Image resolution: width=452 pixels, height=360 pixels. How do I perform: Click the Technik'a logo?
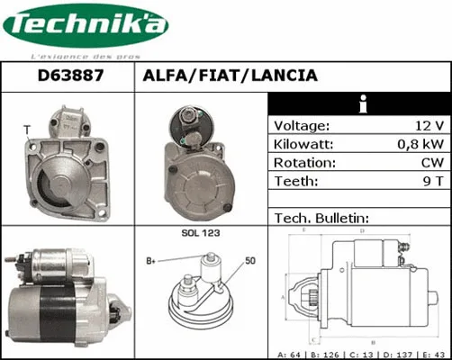point(86,27)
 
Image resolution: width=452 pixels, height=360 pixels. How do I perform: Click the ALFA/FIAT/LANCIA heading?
point(230,76)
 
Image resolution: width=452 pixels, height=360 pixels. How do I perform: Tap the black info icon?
point(360,103)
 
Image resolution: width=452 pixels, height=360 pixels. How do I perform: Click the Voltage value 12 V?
point(426,126)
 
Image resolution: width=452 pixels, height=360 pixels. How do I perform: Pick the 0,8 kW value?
point(420,144)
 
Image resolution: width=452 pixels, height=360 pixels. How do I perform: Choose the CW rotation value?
point(430,163)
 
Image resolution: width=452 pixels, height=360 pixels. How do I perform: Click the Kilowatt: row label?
point(303,144)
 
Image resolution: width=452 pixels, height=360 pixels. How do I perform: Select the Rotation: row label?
point(304,163)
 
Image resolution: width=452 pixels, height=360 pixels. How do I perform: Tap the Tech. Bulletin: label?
point(321,218)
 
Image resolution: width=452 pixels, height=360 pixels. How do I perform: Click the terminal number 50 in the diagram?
point(250,261)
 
